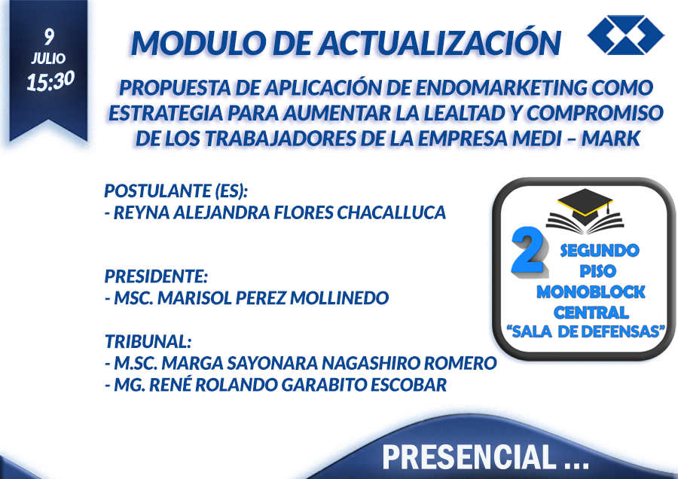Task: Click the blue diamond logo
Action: (x=626, y=35)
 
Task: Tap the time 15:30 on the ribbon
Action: (x=50, y=81)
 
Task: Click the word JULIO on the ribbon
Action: (x=48, y=58)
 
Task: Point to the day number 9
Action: (x=49, y=37)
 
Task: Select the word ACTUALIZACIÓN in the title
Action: (x=440, y=42)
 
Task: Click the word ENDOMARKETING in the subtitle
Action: (x=501, y=87)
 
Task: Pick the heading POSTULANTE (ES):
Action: (x=176, y=191)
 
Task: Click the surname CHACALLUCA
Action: (x=391, y=212)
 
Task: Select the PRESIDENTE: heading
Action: (x=157, y=276)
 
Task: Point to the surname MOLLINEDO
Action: (x=340, y=297)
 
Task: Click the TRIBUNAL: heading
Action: (x=148, y=341)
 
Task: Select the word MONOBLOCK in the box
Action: (x=591, y=291)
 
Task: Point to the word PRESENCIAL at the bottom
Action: (x=469, y=456)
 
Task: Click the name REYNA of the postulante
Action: (x=141, y=212)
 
